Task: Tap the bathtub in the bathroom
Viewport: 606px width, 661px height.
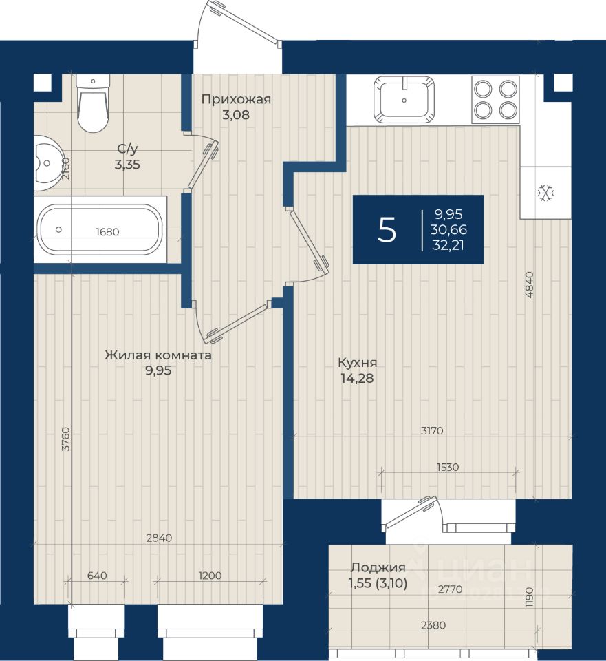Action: (x=100, y=229)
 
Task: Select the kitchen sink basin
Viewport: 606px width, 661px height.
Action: (x=404, y=99)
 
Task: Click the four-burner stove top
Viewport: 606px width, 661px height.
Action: (x=496, y=99)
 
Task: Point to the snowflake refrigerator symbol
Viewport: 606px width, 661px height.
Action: (x=545, y=193)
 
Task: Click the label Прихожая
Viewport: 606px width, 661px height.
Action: (x=236, y=99)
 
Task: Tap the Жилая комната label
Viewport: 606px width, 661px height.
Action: (x=158, y=355)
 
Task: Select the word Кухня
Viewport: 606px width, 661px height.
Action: (x=358, y=363)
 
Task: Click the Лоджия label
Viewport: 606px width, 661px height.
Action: (x=378, y=568)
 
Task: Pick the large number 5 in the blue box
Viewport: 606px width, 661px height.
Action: (x=387, y=230)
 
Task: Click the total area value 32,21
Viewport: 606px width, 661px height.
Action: (x=448, y=245)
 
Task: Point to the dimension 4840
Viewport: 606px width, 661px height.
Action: (x=530, y=285)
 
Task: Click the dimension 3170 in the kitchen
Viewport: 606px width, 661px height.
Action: (x=432, y=431)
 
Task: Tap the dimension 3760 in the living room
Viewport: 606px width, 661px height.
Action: (x=66, y=439)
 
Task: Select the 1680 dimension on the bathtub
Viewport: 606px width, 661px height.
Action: (x=107, y=231)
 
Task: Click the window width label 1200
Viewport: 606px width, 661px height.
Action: (x=210, y=576)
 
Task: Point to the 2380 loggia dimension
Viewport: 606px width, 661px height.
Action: (x=433, y=625)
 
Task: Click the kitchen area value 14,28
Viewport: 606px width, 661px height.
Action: (x=357, y=378)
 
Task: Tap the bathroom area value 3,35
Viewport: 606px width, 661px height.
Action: (x=127, y=165)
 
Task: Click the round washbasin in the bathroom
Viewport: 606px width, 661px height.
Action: (x=47, y=163)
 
